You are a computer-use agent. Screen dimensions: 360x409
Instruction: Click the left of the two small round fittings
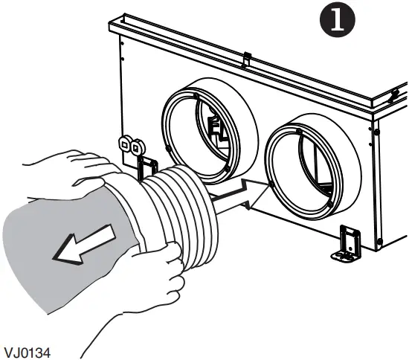[124, 144]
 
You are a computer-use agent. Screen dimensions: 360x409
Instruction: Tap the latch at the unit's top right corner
[396, 95]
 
